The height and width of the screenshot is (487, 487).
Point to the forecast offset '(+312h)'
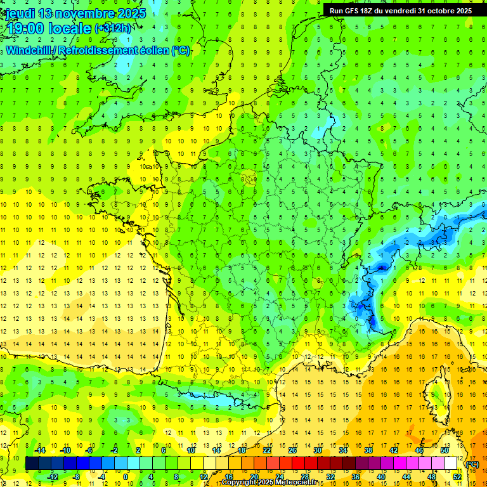113,29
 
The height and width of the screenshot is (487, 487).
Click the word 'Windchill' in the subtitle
29,51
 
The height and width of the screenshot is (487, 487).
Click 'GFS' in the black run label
355,10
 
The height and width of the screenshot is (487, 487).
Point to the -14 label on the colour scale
40,450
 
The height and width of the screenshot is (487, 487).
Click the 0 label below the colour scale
126,477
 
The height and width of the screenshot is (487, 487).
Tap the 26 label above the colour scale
292,450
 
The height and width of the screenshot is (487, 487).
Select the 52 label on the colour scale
457,477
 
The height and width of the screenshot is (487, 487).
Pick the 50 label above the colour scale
445,450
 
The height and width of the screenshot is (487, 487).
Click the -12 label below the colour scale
53,477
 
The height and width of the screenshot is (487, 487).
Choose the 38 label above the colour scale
368,450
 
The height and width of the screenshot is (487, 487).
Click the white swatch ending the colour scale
451,464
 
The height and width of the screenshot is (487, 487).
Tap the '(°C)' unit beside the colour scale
472,464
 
